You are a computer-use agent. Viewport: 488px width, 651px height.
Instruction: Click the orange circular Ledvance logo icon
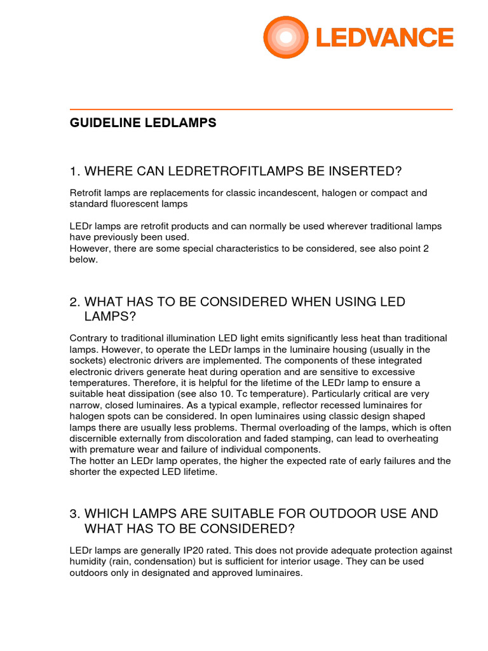[286, 38]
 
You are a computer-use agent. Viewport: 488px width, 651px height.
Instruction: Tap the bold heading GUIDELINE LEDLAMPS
[143, 123]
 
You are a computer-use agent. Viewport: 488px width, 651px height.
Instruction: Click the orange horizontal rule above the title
[261, 109]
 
